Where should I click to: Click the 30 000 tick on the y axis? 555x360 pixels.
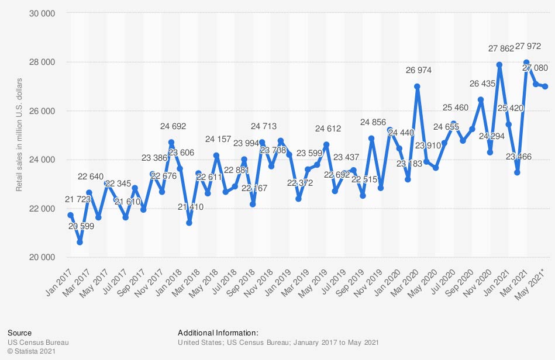(x=43, y=13)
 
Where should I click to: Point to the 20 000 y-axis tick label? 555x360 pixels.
(x=43, y=257)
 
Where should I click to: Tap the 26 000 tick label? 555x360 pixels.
(x=43, y=110)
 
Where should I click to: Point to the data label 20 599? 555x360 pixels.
(x=80, y=226)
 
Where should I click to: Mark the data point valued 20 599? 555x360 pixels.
(x=80, y=242)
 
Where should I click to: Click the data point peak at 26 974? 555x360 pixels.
(x=417, y=86)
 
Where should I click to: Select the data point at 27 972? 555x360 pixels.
(x=526, y=62)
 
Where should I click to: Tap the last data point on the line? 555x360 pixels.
(x=545, y=86)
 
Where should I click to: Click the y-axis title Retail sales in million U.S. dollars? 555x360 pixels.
(x=19, y=134)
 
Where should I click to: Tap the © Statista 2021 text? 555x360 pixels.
(x=35, y=351)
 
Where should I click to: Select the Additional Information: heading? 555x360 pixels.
(x=218, y=333)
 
